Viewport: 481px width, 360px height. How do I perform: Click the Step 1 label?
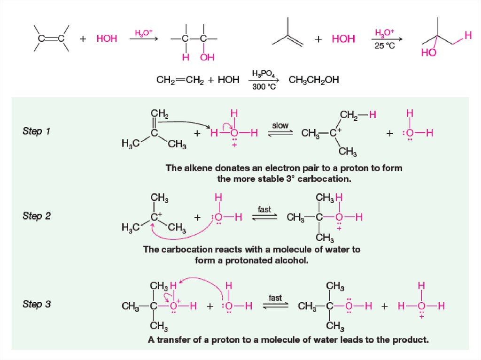[36, 131]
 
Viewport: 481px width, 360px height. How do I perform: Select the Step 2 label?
[37, 216]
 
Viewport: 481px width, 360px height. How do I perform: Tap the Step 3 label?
[37, 304]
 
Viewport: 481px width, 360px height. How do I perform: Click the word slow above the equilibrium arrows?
[281, 126]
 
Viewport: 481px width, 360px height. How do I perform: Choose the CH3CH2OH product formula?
[314, 80]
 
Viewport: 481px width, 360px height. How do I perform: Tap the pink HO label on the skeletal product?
[428, 53]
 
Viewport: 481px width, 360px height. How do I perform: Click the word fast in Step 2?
[264, 209]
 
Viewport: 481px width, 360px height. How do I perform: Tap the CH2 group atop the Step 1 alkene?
[159, 114]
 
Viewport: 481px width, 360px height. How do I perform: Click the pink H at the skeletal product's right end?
[467, 35]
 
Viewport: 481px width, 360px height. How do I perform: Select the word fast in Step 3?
[275, 298]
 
